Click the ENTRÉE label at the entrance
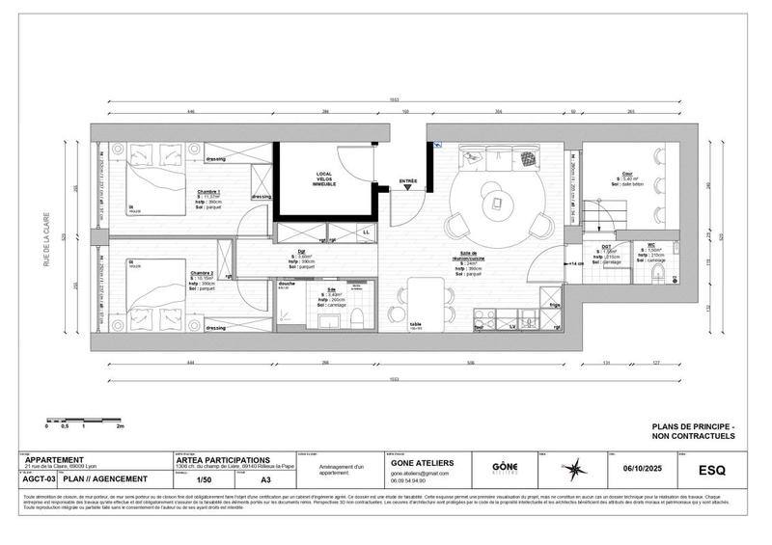click(x=408, y=180)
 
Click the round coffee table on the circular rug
click(x=498, y=202)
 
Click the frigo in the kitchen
click(x=555, y=310)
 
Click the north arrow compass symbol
click(x=576, y=469)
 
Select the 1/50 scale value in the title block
click(x=204, y=478)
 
